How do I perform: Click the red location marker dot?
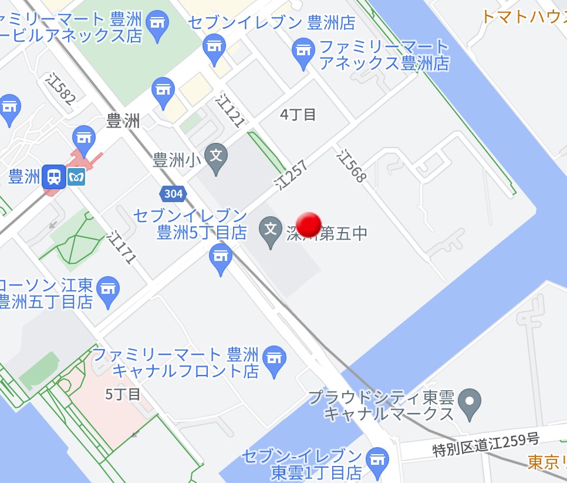click(x=309, y=224)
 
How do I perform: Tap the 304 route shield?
click(x=173, y=193)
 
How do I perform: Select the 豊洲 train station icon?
click(x=53, y=176)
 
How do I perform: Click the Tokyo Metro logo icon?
click(x=76, y=176)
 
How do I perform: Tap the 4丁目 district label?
click(x=298, y=115)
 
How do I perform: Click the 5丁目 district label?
click(x=123, y=394)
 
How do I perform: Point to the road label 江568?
click(x=351, y=166)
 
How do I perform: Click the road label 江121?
click(x=230, y=110)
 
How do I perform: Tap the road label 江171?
click(x=122, y=247)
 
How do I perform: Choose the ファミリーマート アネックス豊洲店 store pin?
click(x=303, y=52)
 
